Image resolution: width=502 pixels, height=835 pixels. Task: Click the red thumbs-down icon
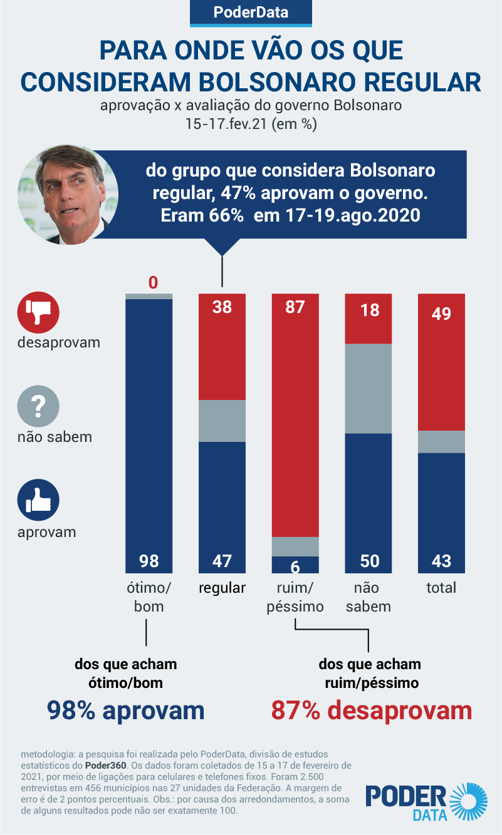38,311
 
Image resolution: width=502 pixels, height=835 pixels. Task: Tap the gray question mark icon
38,406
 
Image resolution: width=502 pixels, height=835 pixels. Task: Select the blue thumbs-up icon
38,501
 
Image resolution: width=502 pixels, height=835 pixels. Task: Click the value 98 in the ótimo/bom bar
149,561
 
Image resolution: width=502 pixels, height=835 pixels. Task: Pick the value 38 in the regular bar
222,308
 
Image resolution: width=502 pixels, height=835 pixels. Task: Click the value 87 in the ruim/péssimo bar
295,308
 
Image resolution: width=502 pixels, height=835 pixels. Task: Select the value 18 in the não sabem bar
369,310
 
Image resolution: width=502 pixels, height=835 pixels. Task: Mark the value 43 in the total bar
441,561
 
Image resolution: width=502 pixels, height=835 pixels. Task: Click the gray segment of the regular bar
222,421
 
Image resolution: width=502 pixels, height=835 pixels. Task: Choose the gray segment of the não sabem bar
369,388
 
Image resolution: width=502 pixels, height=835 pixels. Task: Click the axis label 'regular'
222,588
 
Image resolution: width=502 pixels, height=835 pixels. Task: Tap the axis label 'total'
441,588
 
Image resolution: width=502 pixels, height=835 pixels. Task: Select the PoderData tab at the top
251,13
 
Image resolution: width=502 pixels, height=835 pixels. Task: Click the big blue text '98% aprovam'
126,710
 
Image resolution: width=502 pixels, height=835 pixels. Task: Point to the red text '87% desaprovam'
371,710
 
